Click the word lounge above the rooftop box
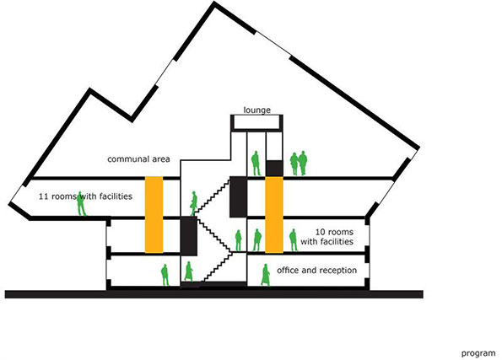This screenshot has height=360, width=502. click(256, 110)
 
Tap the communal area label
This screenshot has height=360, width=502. click(138, 159)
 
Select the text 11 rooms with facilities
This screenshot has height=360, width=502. click(85, 196)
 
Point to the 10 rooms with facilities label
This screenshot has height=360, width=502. click(327, 236)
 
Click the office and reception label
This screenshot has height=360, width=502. click(316, 271)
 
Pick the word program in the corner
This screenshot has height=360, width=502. click(478, 353)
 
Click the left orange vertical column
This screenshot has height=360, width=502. click(154, 214)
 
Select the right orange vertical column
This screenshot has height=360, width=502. click(274, 214)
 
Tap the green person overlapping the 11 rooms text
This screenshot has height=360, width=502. click(81, 203)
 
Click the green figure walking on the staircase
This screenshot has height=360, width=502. click(194, 203)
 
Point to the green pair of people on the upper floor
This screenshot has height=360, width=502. click(299, 164)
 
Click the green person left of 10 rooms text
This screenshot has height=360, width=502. click(293, 240)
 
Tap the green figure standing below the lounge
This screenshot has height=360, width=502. click(256, 164)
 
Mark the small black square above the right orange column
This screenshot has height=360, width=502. click(274, 168)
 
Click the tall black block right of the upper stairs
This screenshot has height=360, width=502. click(238, 196)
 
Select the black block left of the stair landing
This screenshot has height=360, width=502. click(189, 236)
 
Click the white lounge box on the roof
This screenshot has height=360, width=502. click(256, 122)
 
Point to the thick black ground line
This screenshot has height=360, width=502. click(213, 294)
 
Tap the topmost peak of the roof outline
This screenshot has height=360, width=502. click(214, 3)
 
